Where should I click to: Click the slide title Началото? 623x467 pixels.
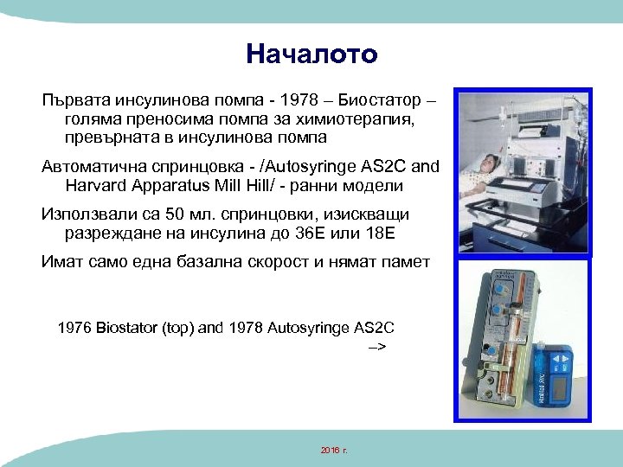311,54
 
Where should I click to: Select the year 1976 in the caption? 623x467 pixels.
75,328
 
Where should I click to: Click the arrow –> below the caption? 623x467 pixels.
377,347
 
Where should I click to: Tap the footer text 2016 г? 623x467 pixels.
333,451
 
